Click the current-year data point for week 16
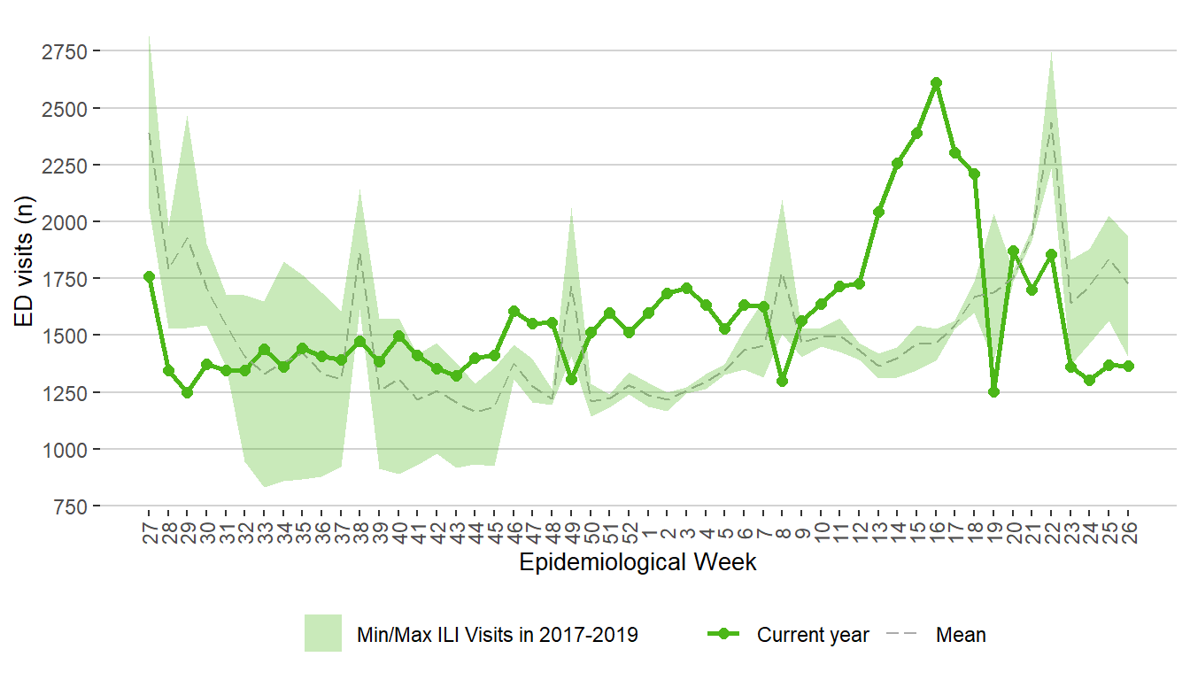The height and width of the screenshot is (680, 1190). click(x=936, y=83)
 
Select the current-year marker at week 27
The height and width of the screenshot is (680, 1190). click(x=149, y=277)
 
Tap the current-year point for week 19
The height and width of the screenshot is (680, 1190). click(x=993, y=392)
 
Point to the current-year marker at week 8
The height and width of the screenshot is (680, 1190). click(x=783, y=382)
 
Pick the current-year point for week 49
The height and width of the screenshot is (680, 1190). click(x=571, y=379)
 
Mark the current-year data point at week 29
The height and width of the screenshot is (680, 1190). click(x=187, y=392)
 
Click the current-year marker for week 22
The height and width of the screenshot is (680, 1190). click(x=1051, y=254)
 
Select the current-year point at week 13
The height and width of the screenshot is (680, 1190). click(x=878, y=212)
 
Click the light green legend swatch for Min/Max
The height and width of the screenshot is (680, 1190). click(x=323, y=633)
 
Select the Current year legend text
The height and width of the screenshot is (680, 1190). click(x=813, y=635)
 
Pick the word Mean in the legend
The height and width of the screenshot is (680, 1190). click(x=961, y=635)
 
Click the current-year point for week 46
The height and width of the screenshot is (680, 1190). click(x=514, y=312)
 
